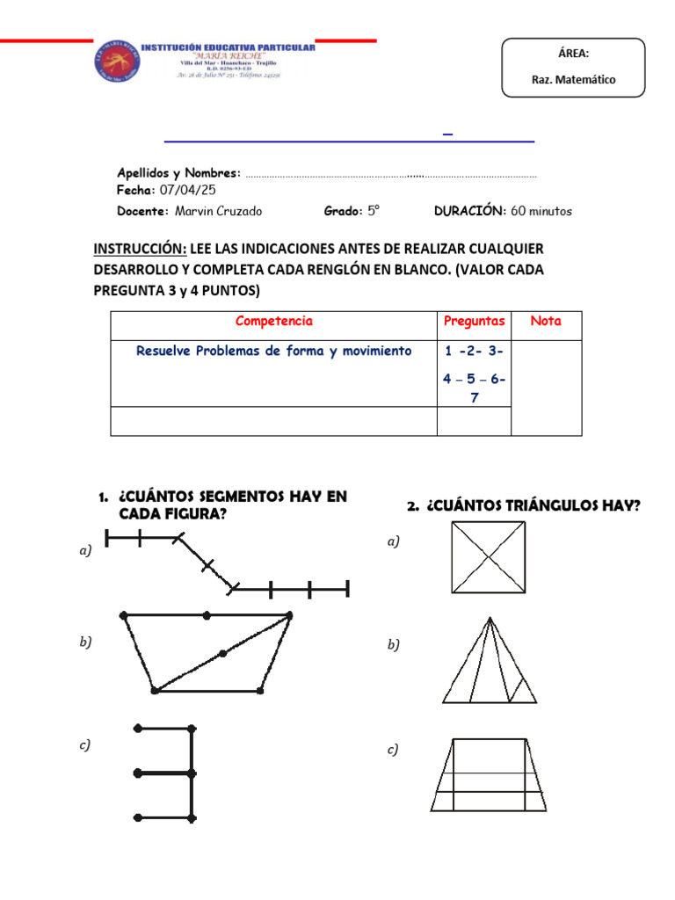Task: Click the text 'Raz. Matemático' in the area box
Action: pyautogui.click(x=574, y=79)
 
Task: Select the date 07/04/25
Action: pyautogui.click(x=187, y=190)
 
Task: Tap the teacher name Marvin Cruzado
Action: pyautogui.click(x=218, y=211)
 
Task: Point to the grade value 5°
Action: pyautogui.click(x=373, y=211)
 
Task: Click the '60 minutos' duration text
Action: pyautogui.click(x=541, y=211)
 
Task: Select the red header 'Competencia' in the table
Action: pyautogui.click(x=273, y=322)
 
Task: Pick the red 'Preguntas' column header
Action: pyautogui.click(x=474, y=322)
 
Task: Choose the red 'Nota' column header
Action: pyautogui.click(x=545, y=322)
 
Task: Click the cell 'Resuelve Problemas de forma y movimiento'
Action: pyautogui.click(x=273, y=351)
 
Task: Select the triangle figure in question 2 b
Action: pyautogui.click(x=490, y=661)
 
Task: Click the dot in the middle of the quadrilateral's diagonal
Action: pyautogui.click(x=222, y=653)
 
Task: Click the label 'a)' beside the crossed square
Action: pyautogui.click(x=393, y=542)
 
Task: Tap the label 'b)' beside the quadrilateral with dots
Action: pyautogui.click(x=85, y=642)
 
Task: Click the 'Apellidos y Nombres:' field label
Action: pyautogui.click(x=178, y=173)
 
